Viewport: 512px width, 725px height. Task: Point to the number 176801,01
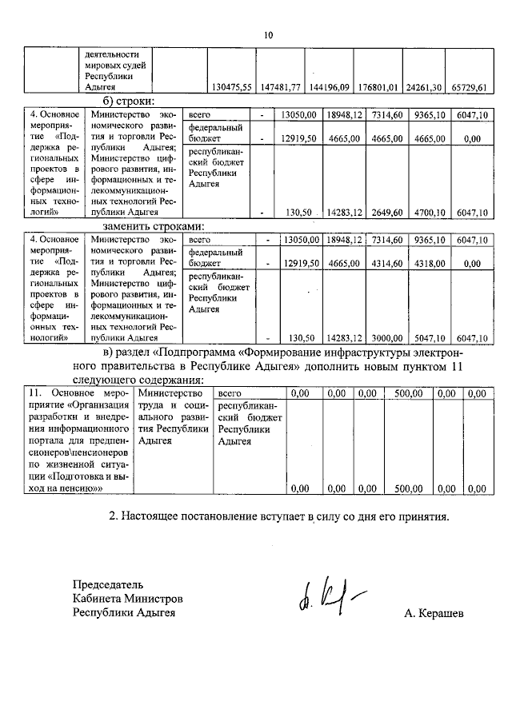coord(378,86)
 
